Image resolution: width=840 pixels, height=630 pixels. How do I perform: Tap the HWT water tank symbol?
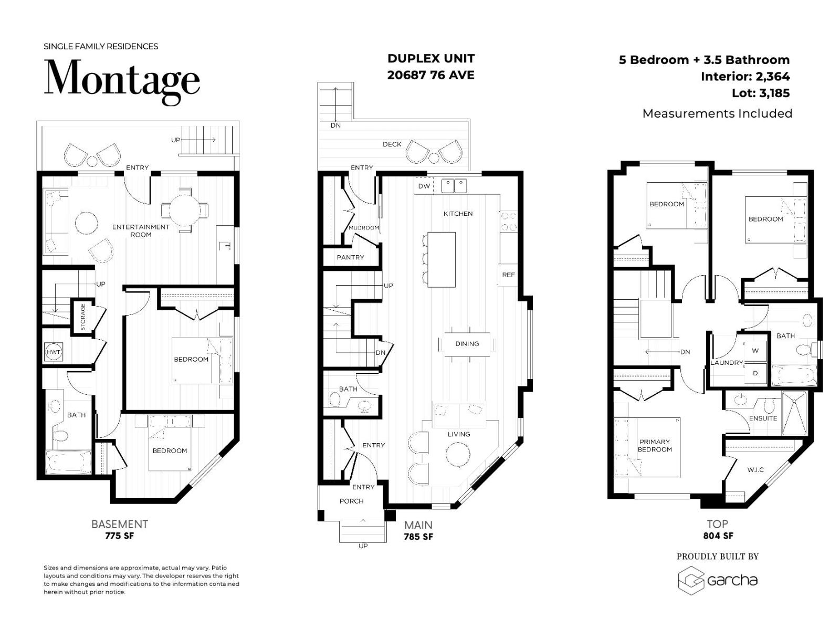click(54, 352)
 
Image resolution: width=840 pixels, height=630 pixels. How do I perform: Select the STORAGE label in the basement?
click(83, 318)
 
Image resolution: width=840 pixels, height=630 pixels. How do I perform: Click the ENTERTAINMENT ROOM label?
click(141, 230)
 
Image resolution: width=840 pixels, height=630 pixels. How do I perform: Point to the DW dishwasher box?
click(424, 186)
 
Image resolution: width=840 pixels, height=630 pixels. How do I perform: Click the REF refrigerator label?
click(508, 275)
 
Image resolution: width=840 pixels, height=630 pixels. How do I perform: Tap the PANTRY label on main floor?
click(350, 257)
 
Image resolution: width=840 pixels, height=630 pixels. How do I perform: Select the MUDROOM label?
click(364, 227)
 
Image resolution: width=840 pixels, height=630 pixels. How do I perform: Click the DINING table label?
click(467, 343)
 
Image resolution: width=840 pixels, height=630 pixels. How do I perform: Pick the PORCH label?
click(351, 501)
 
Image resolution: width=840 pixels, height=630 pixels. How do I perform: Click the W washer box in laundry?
click(755, 351)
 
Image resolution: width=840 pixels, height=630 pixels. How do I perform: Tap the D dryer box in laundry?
click(755, 373)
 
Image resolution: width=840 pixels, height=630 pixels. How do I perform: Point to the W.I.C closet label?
click(755, 469)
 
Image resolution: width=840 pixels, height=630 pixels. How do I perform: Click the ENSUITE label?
click(763, 418)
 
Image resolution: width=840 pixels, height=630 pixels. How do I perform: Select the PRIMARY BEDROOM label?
click(655, 445)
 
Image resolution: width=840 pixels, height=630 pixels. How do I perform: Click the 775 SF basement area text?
click(120, 536)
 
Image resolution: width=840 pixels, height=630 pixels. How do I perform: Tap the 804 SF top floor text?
click(718, 536)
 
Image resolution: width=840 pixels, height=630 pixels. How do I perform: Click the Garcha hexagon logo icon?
click(690, 581)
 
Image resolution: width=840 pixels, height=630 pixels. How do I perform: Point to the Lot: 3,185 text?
click(760, 93)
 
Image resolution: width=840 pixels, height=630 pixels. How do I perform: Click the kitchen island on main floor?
click(441, 259)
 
